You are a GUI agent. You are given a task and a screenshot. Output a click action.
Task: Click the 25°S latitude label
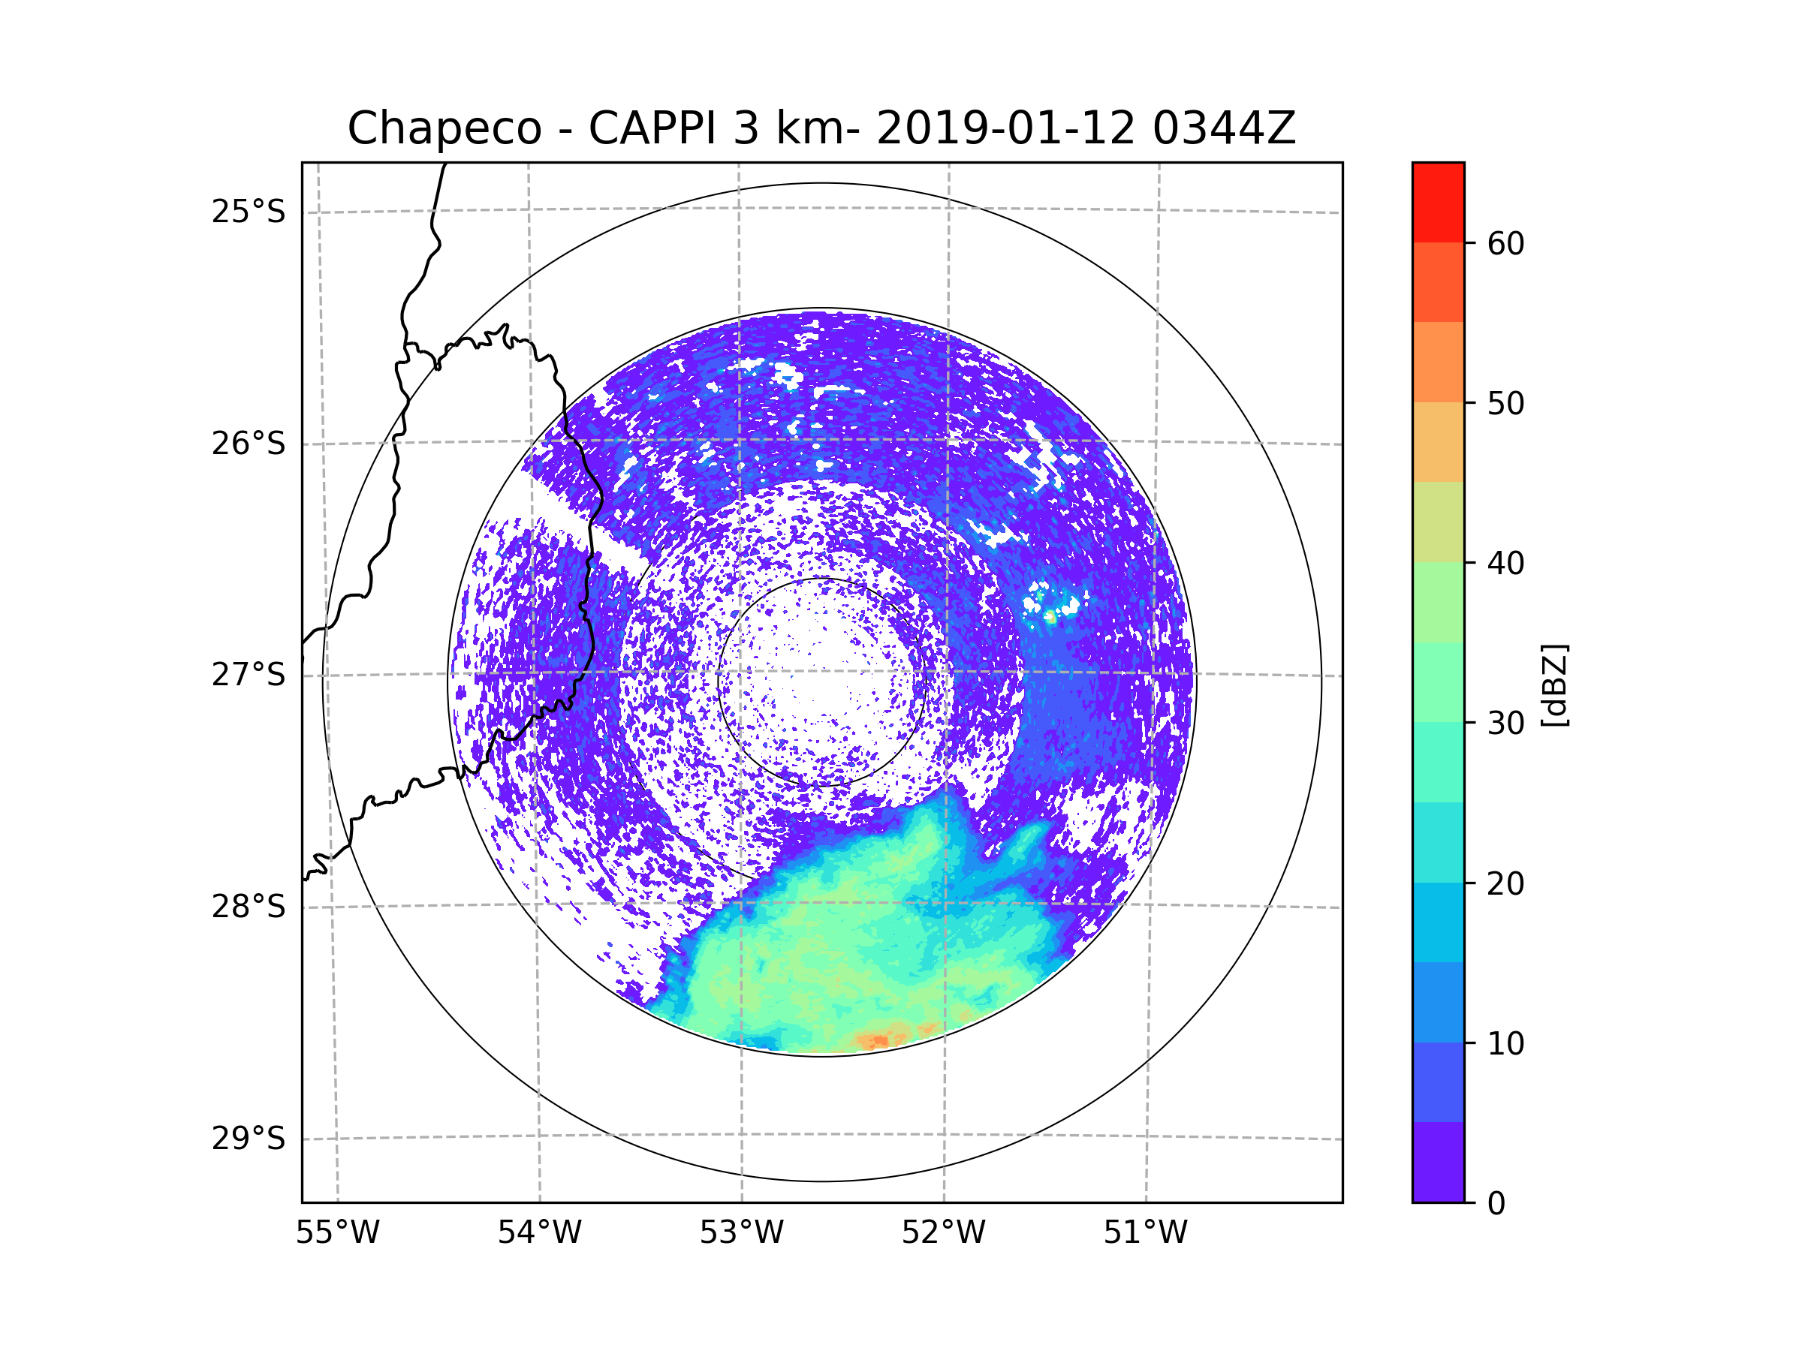coord(249,212)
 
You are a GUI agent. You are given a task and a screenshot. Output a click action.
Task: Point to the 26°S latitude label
coord(249,444)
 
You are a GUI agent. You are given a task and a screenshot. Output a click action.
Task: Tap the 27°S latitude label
coord(249,675)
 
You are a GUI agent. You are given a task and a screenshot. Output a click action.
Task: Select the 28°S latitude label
coord(249,907)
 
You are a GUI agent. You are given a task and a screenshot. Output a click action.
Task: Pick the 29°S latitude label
coord(249,1139)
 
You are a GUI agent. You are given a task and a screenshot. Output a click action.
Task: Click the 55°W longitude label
coord(337,1233)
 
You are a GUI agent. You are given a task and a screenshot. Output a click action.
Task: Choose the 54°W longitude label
coord(539,1233)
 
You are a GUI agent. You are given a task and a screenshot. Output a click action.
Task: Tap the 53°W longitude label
coord(741,1233)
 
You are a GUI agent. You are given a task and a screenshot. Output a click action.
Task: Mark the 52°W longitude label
coord(943,1233)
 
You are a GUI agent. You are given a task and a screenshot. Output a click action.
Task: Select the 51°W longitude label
coord(1145,1233)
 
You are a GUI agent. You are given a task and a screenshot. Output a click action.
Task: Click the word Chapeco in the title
coord(444,128)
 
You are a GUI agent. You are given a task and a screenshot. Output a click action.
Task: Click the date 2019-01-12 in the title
coord(1005,128)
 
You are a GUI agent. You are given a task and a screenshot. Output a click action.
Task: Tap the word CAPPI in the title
coord(652,128)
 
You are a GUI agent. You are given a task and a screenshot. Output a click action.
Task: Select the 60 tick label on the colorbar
coord(1505,243)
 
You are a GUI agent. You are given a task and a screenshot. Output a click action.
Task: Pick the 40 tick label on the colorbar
coord(1505,563)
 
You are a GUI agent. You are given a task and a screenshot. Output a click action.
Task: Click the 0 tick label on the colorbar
coord(1496,1204)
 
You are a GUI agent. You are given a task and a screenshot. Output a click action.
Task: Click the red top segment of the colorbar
coord(1438,202)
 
